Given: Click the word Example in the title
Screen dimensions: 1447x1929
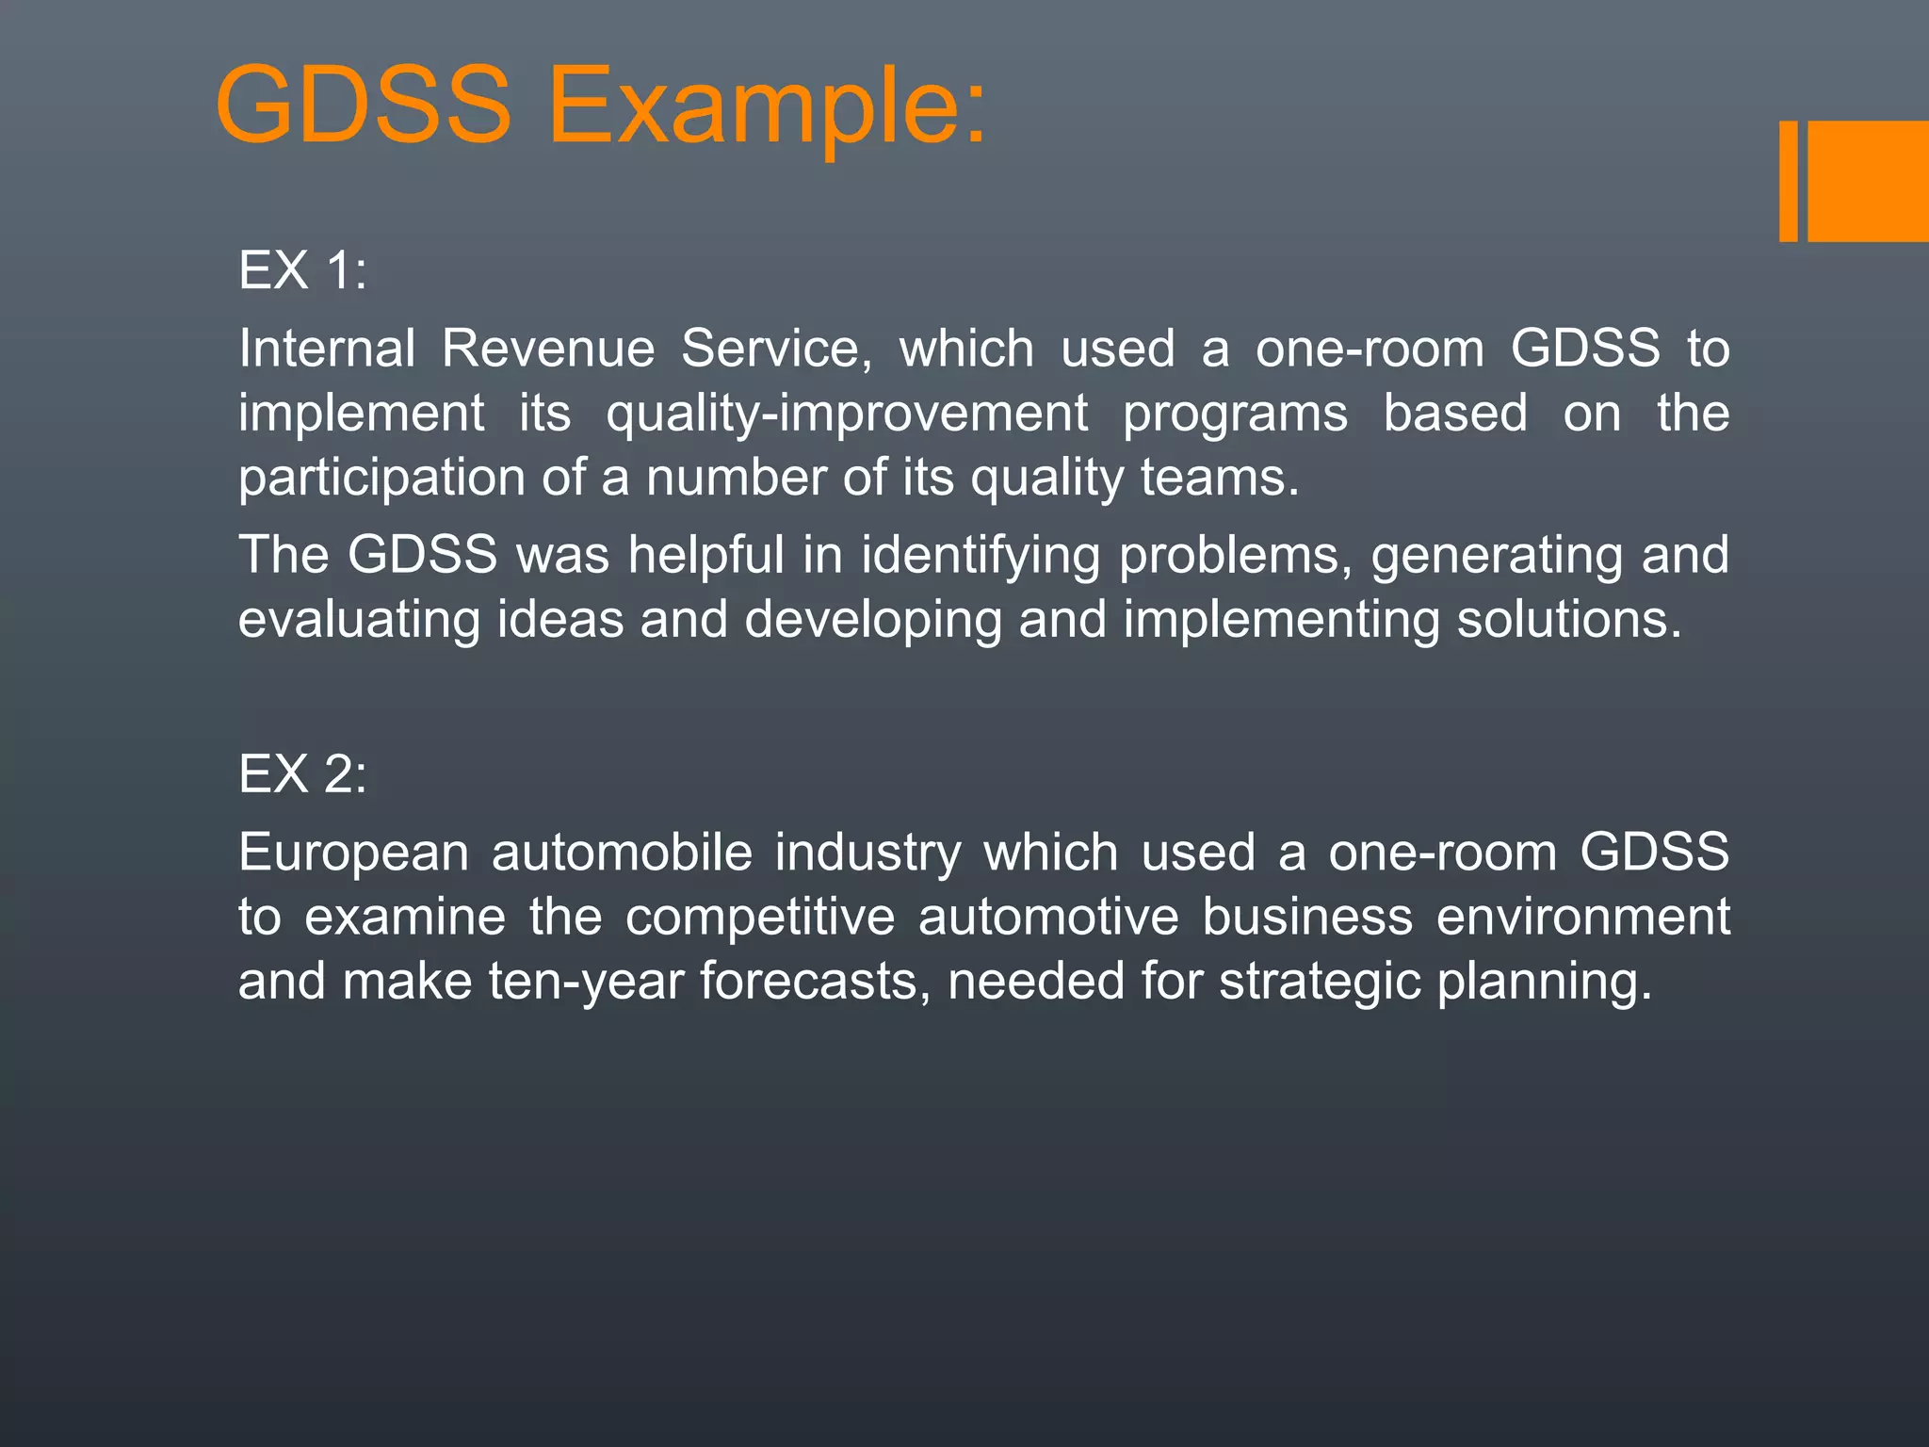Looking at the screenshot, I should tap(768, 106).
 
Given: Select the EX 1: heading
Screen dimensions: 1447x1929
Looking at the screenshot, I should tap(302, 270).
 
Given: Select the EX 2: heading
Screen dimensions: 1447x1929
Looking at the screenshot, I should tap(302, 774).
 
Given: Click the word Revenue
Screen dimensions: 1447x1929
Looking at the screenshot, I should tap(548, 349).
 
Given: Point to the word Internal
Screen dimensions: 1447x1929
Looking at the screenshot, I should tap(327, 349).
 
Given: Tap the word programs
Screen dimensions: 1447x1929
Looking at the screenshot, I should tap(1235, 414).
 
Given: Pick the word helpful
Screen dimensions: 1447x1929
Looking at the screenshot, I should tap(705, 555).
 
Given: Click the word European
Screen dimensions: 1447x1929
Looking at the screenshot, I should tap(353, 854).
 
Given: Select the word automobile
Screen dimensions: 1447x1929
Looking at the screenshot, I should tap(622, 853).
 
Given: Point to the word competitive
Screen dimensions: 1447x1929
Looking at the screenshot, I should tap(760, 918).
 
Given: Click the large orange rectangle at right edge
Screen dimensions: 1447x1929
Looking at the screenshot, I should tap(1868, 181).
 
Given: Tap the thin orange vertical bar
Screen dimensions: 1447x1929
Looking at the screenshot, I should tap(1788, 181).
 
